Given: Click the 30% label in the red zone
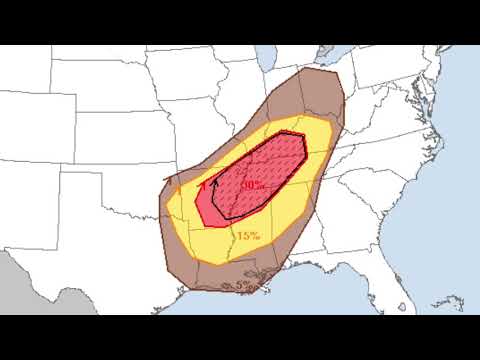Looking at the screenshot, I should tap(252, 185).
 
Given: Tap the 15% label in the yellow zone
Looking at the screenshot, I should tap(248, 236).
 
